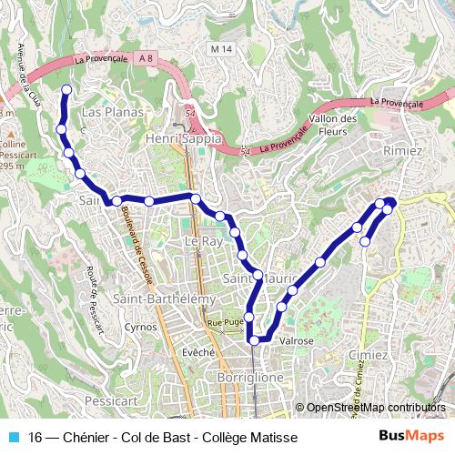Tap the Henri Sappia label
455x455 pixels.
point(184,138)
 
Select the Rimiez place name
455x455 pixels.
point(403,149)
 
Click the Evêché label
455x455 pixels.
point(197,351)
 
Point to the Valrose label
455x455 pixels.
point(297,340)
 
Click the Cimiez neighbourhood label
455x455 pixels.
point(392,355)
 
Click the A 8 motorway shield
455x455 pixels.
point(147,57)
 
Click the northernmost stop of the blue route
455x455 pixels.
point(66,89)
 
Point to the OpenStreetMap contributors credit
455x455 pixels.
point(375,408)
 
